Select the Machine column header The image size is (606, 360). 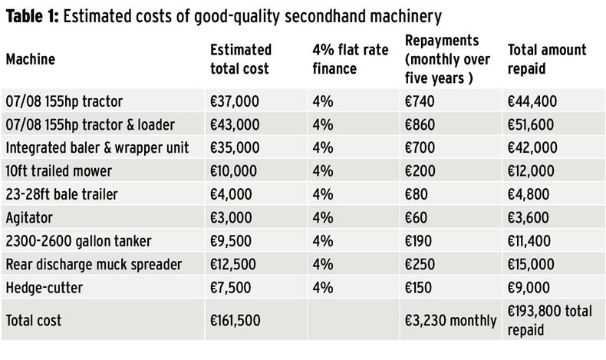31,59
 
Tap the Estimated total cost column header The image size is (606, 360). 241,59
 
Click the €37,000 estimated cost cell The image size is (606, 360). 235,101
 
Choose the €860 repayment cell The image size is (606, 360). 420,124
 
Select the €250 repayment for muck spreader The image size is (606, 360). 420,265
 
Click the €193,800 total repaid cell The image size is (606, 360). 550,321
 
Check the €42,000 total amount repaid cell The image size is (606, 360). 532,148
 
